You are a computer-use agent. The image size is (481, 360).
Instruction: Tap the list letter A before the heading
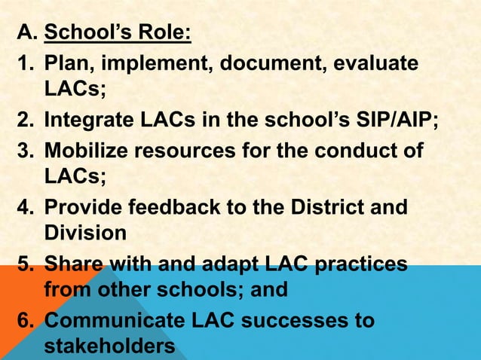click(25, 35)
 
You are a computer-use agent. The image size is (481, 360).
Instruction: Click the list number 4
click(23, 206)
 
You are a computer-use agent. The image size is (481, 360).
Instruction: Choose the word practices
click(360, 264)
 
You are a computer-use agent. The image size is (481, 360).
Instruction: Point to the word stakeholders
click(110, 348)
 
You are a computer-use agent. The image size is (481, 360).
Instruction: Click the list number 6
click(23, 321)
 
